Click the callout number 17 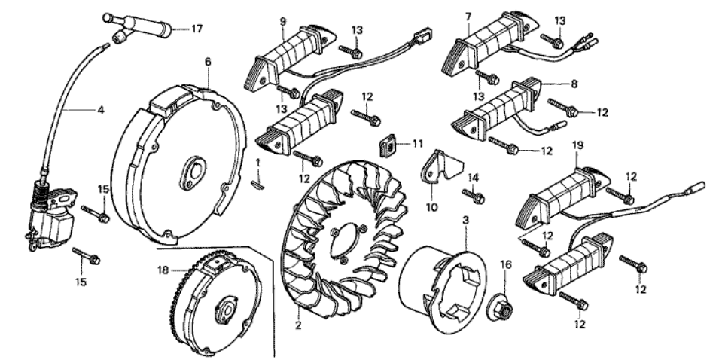pyautogui.click(x=197, y=29)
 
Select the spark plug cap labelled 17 pyautogui.click(x=136, y=27)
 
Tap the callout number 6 pyautogui.click(x=208, y=62)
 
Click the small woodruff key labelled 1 pyautogui.click(x=258, y=184)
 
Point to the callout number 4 pyautogui.click(x=100, y=110)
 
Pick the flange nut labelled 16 pyautogui.click(x=501, y=308)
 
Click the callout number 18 pyautogui.click(x=163, y=270)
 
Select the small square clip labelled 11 pyautogui.click(x=387, y=145)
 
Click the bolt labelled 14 pyautogui.click(x=474, y=196)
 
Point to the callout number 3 pyautogui.click(x=466, y=220)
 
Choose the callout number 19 pyautogui.click(x=577, y=146)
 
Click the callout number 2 pyautogui.click(x=299, y=326)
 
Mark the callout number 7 pyautogui.click(x=468, y=17)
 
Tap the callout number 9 pyautogui.click(x=282, y=21)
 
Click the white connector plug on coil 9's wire pyautogui.click(x=422, y=35)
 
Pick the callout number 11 pyautogui.click(x=418, y=144)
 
